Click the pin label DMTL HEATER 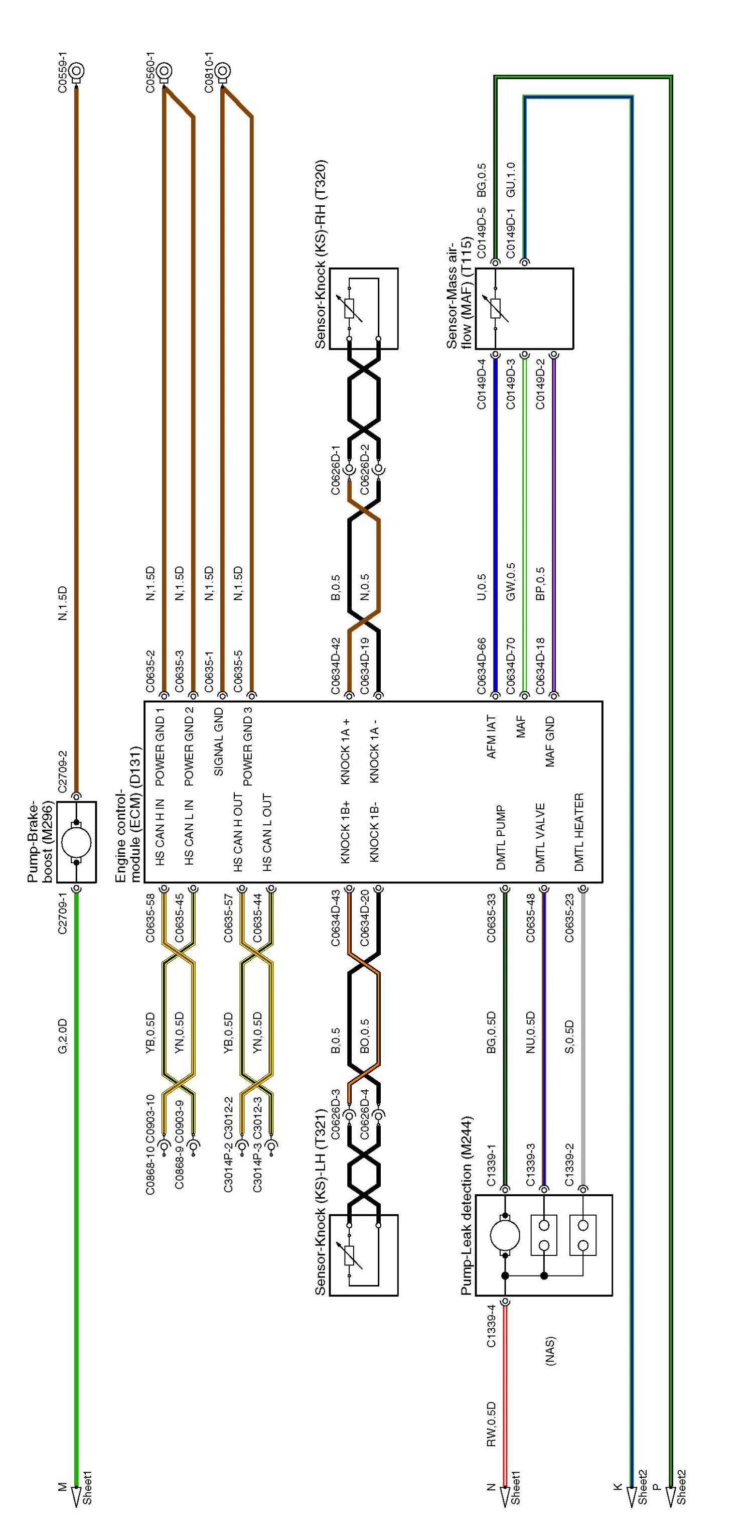[x=578, y=832]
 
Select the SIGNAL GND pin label [x=218, y=741]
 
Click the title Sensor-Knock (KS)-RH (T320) [x=320, y=253]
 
